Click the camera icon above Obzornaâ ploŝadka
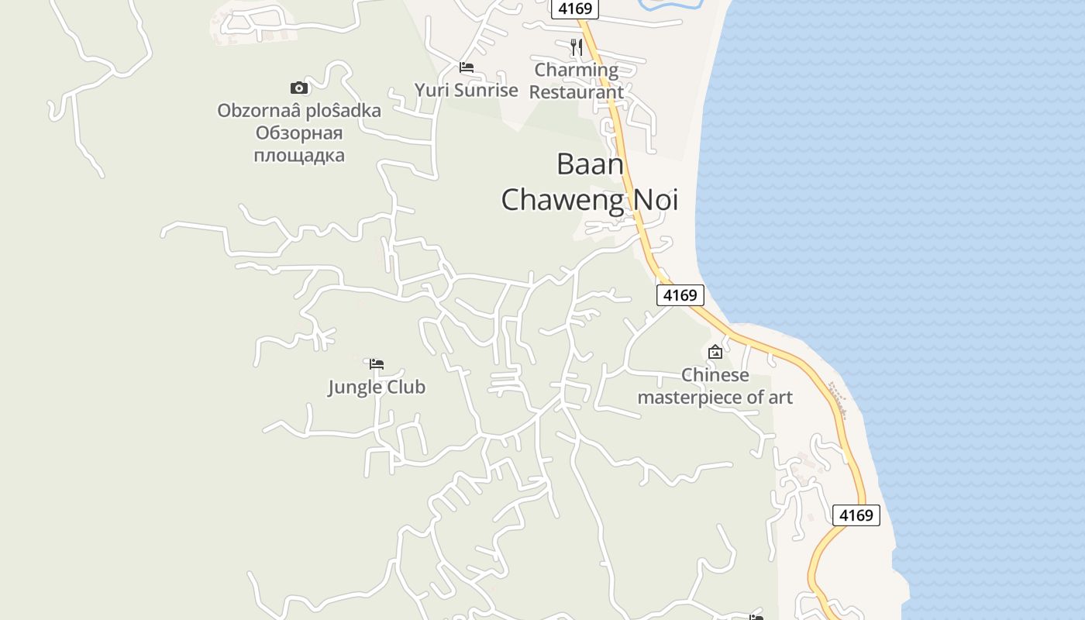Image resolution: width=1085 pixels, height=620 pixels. (x=299, y=88)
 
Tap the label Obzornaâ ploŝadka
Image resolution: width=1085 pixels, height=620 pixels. (x=299, y=111)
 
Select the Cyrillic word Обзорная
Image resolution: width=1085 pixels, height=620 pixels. (x=299, y=133)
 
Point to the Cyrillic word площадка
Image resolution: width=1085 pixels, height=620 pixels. (x=299, y=155)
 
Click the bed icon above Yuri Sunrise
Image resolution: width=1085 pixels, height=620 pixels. (x=467, y=67)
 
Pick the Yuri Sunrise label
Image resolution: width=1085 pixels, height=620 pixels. (x=466, y=90)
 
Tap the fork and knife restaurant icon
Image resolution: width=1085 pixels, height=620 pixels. (x=576, y=47)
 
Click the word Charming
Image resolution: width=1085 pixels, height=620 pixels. (x=577, y=70)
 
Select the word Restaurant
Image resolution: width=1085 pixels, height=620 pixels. (x=577, y=92)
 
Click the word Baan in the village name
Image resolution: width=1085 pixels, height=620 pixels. (x=590, y=164)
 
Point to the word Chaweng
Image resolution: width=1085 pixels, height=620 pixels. (x=563, y=199)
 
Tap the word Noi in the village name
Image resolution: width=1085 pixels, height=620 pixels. (x=656, y=199)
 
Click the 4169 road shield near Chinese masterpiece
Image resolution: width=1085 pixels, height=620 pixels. (x=680, y=294)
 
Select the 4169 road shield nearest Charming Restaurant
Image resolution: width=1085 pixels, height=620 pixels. (x=574, y=9)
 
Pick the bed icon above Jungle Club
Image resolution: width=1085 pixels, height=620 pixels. (x=377, y=363)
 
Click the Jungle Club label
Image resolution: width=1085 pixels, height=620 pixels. (x=377, y=387)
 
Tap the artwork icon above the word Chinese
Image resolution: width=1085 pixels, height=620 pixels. (x=715, y=352)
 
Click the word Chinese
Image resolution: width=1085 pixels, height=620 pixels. (x=715, y=375)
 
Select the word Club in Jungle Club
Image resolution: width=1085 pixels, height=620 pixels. (x=406, y=387)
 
